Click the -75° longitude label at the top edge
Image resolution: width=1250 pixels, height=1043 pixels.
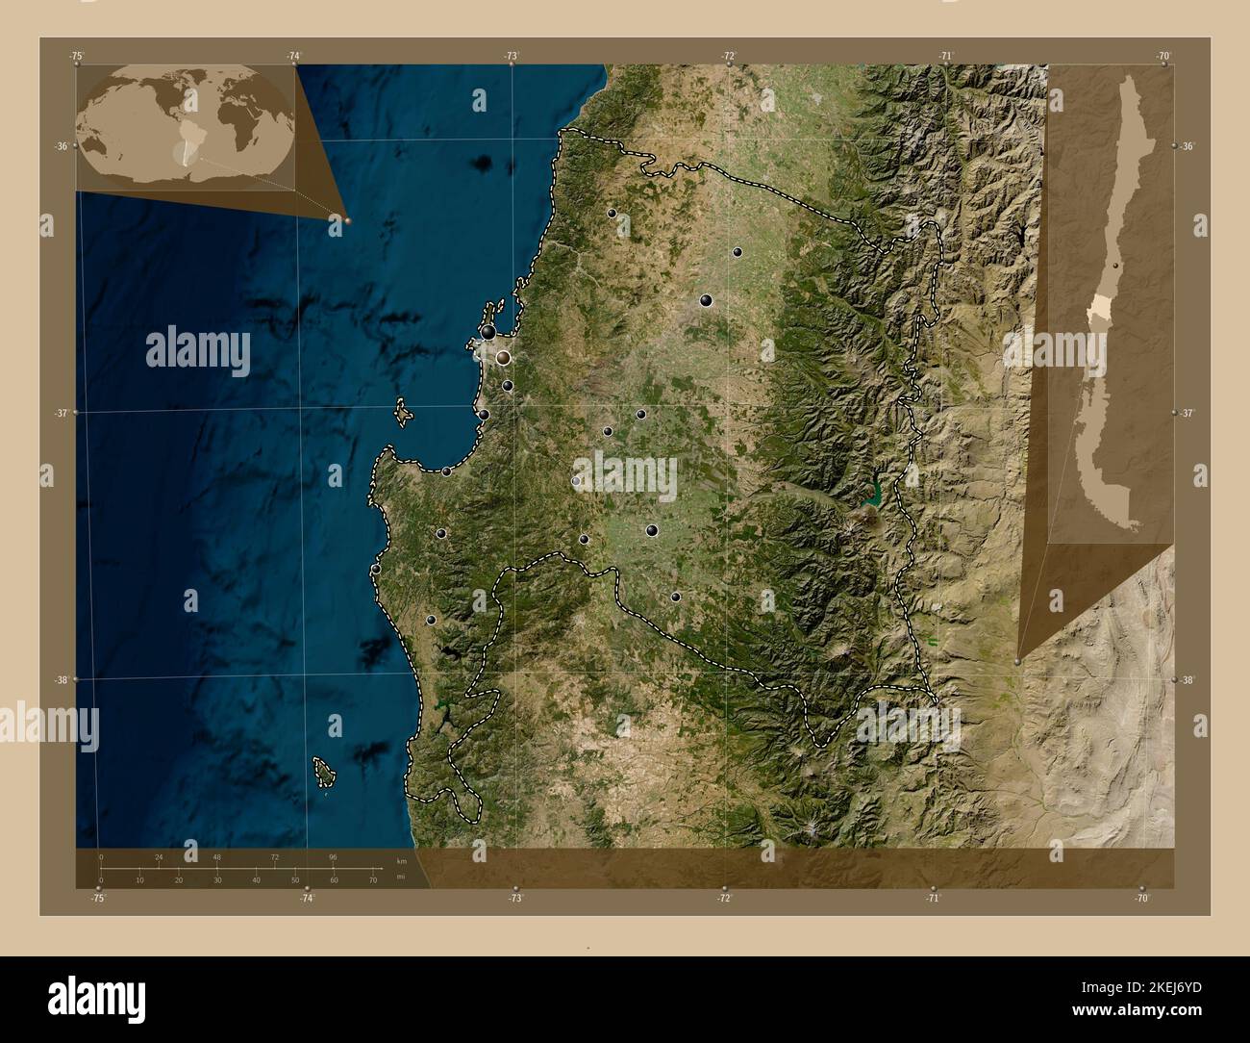[x=76, y=57]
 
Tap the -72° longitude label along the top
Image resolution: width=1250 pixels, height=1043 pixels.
[x=730, y=57]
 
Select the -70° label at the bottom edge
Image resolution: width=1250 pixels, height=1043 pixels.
[x=1141, y=898]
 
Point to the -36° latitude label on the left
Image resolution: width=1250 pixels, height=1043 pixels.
[x=61, y=146]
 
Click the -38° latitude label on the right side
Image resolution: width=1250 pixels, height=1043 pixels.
[x=1188, y=680]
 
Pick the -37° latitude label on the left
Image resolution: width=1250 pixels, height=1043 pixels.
[x=61, y=413]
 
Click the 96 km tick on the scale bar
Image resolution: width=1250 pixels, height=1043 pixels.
[x=333, y=856]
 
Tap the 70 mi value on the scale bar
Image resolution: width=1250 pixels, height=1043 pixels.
[x=372, y=880]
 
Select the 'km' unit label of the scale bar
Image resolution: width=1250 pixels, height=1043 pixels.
[x=401, y=861]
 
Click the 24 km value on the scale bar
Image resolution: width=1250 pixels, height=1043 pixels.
[x=159, y=856]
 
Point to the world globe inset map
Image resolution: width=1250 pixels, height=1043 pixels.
[x=187, y=124]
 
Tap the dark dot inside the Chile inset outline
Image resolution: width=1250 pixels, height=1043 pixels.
[x=1115, y=264]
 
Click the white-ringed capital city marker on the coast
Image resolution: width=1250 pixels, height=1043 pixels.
[x=503, y=358]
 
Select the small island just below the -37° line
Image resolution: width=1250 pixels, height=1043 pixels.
[x=405, y=415]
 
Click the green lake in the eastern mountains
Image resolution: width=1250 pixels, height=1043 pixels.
[x=873, y=496]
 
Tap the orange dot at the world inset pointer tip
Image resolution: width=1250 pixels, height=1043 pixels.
[x=347, y=220]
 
